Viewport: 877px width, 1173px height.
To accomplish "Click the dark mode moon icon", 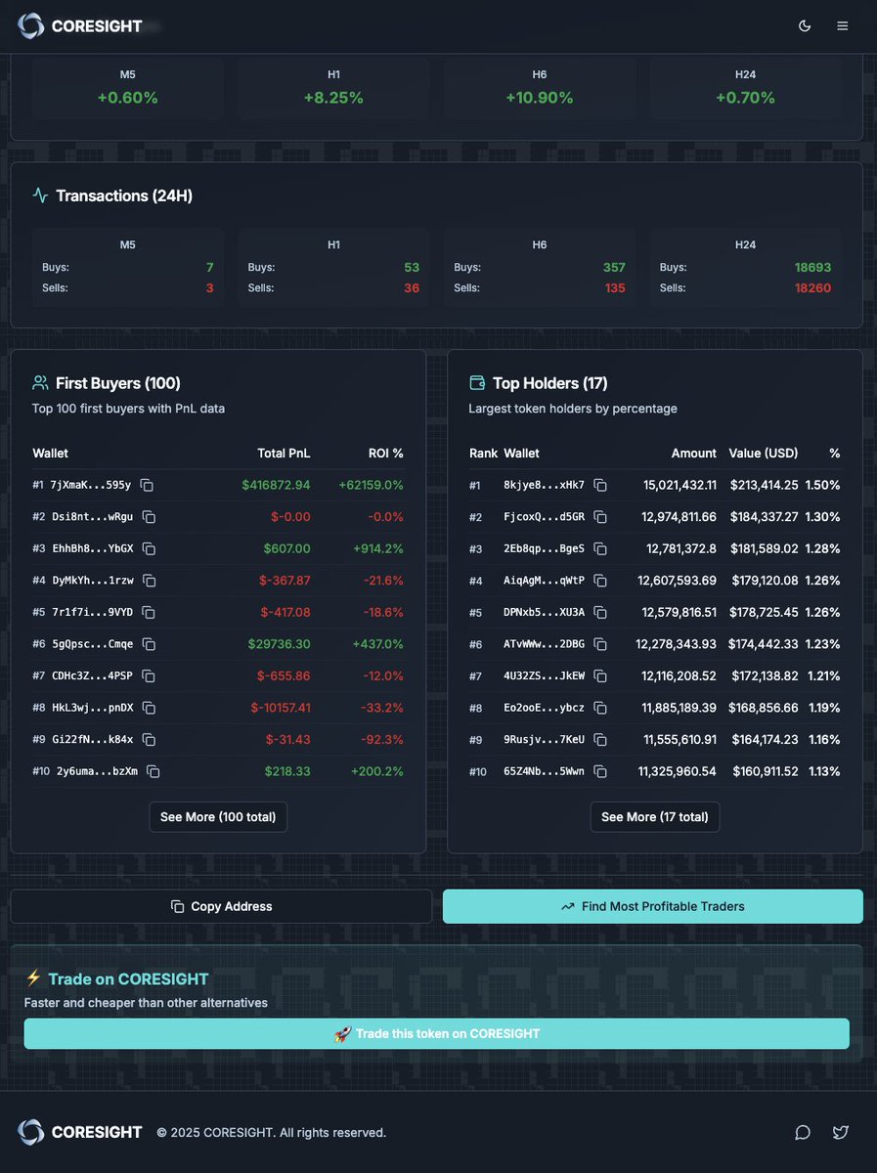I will (805, 25).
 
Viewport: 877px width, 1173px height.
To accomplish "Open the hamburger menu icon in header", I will (842, 25).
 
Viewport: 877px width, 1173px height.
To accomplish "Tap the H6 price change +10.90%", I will (539, 98).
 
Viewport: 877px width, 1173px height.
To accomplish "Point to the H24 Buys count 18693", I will (813, 267).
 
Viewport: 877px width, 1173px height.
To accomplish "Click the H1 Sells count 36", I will (411, 288).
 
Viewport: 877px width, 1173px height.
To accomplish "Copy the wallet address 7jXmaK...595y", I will (147, 485).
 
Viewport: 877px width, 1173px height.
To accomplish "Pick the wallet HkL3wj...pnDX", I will (93, 708).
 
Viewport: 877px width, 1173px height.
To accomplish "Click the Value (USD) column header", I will (764, 454).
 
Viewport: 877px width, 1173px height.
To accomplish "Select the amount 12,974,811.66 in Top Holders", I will (677, 517).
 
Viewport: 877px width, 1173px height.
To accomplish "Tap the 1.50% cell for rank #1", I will (822, 485).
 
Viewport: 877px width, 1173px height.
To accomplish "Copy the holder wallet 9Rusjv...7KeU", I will (601, 740).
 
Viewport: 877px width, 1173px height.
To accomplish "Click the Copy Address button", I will (221, 906).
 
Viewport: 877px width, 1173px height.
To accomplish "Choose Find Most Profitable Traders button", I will (653, 906).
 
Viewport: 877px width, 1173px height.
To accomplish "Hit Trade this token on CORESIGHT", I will (437, 1033).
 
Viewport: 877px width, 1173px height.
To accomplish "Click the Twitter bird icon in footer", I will (840, 1132).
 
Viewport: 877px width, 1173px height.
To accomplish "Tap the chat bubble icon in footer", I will (803, 1132).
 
